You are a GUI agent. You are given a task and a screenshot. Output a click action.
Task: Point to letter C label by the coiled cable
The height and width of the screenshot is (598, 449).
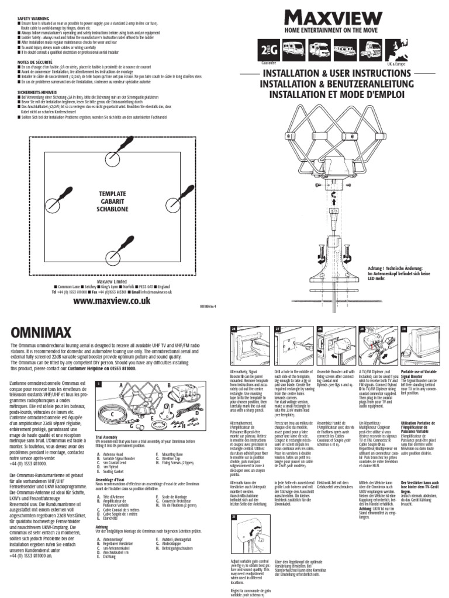(x=110, y=412)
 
